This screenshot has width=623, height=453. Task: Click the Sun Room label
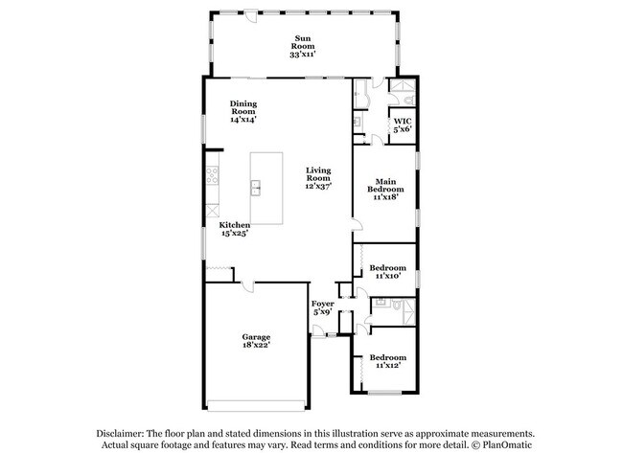(303, 47)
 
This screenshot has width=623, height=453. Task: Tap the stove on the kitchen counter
(212, 175)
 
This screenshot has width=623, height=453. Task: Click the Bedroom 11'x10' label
(387, 271)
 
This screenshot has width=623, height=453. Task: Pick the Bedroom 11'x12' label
(387, 361)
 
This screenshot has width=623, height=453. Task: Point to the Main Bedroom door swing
(356, 225)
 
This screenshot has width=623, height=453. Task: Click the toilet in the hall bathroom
(380, 303)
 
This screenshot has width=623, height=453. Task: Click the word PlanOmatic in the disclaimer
(503, 444)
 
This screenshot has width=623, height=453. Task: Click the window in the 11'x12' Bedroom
(385, 392)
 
